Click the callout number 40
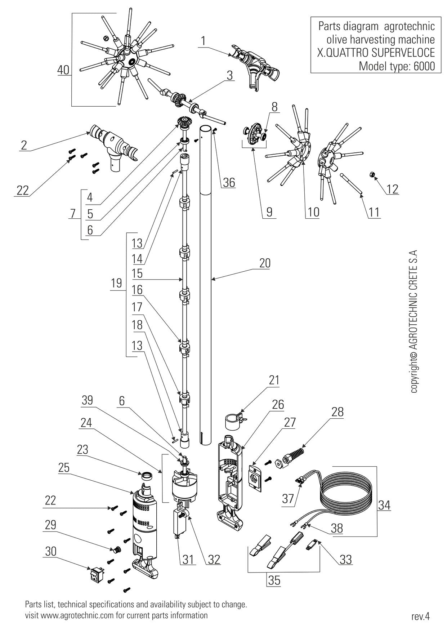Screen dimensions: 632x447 tap(63, 70)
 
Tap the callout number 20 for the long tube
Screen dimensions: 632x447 tap(265, 263)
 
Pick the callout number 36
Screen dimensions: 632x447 tap(228, 183)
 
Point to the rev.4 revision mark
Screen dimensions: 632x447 tap(420, 616)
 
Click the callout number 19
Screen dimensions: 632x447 tap(116, 283)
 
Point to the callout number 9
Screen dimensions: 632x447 tap(270, 212)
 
